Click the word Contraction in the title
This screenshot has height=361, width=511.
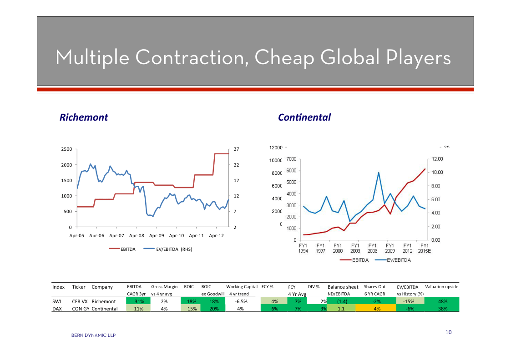(191, 57)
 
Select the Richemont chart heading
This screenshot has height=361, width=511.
(84, 117)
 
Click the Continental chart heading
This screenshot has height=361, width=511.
(304, 117)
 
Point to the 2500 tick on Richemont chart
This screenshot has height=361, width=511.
(66, 149)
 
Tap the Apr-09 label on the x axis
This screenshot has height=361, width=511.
(156, 236)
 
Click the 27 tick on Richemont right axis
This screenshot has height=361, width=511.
(237, 149)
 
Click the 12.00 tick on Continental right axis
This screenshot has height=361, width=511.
(437, 159)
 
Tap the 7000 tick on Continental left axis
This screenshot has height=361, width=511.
(292, 159)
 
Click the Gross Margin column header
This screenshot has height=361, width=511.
(164, 287)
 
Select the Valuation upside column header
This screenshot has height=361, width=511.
(441, 287)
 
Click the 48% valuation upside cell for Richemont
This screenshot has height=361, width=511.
(441, 301)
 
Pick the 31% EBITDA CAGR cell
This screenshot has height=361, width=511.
(139, 301)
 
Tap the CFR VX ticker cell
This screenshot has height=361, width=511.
(80, 301)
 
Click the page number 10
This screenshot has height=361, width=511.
(448, 332)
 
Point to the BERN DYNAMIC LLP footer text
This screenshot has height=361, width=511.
(93, 336)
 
